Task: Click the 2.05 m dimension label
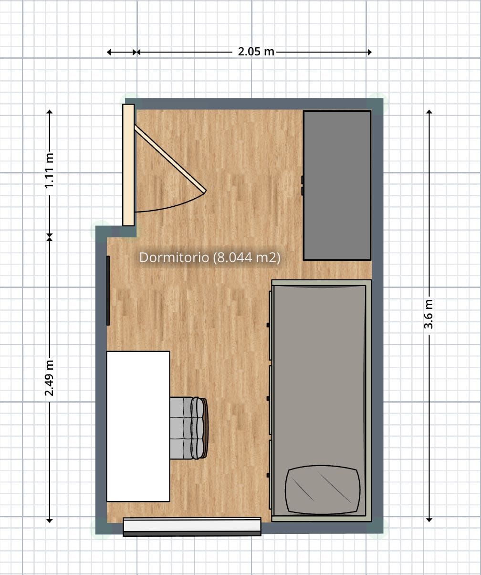tap(256, 52)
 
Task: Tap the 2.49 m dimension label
tap(50, 378)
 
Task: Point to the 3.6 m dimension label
tap(429, 314)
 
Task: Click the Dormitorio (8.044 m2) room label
tap(209, 257)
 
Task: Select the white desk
tap(138, 426)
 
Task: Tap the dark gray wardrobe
tap(337, 185)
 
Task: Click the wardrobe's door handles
tap(303, 185)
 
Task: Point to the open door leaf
tap(169, 158)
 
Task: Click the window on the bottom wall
tap(192, 526)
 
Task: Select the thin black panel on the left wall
tap(108, 290)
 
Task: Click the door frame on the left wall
tap(128, 165)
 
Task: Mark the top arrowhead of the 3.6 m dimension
tap(429, 112)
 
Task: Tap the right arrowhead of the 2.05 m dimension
tap(369, 52)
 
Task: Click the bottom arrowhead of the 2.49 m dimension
tap(50, 519)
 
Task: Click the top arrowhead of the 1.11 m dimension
tap(50, 112)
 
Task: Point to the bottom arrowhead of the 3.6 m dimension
tap(429, 519)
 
